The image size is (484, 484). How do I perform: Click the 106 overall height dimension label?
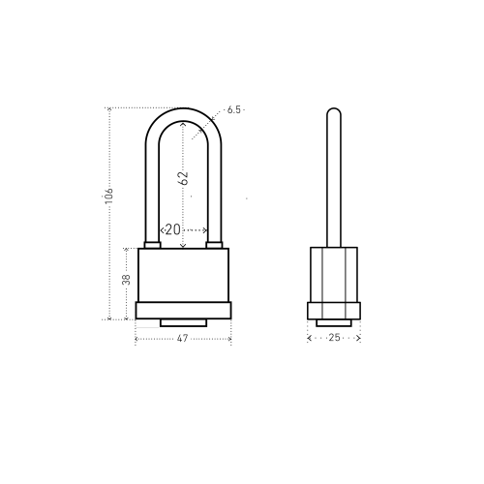[x=109, y=196]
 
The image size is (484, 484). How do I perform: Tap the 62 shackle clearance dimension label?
[x=183, y=177]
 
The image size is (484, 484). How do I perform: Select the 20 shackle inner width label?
[x=172, y=229]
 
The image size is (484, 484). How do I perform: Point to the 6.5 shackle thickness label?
[x=234, y=109]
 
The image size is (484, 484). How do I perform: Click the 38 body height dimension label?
[x=126, y=279]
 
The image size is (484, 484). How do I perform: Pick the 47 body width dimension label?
[x=182, y=338]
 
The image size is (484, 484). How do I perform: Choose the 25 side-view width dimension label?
[x=334, y=338]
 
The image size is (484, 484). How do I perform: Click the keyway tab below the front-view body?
[x=183, y=322]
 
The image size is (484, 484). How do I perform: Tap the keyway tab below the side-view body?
[x=334, y=322]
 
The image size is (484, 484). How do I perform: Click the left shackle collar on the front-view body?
[x=152, y=245]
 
